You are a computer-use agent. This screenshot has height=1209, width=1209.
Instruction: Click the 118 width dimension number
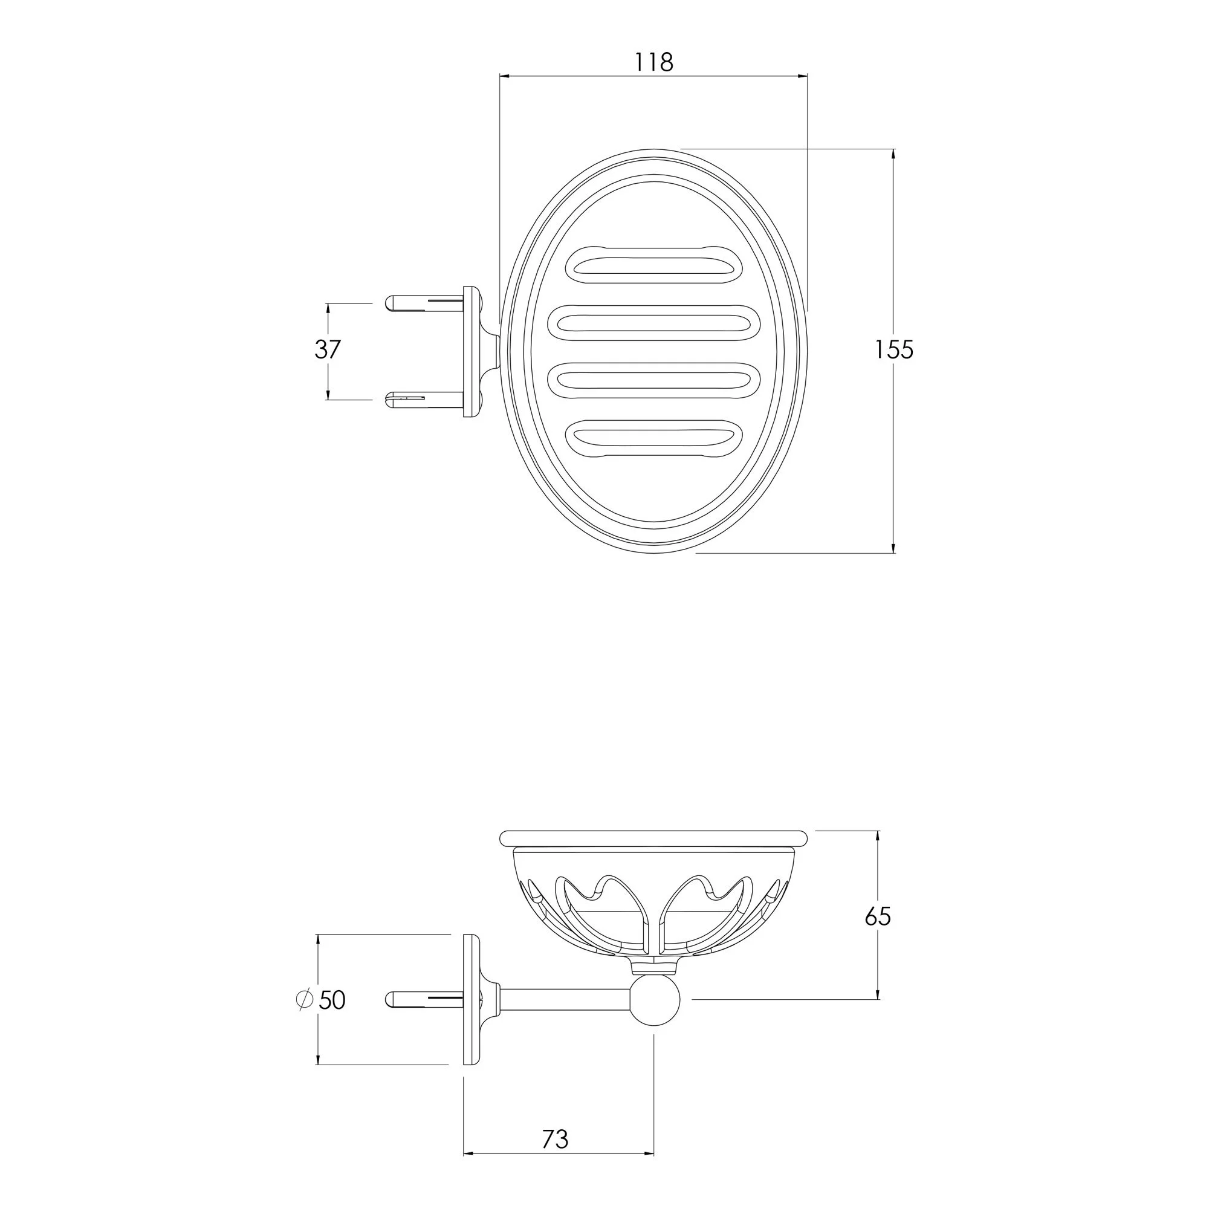point(654,63)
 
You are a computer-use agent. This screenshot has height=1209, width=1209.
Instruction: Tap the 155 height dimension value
point(893,350)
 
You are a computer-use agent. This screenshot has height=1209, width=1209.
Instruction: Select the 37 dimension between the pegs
point(327,349)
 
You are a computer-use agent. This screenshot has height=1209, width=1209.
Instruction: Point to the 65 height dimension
point(877,917)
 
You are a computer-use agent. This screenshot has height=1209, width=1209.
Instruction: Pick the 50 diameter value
point(332,1000)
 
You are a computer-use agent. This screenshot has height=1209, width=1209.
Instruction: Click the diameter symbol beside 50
point(304,1000)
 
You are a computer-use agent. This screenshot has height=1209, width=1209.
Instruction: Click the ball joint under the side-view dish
point(655,1000)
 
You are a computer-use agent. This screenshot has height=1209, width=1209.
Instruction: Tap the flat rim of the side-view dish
point(655,837)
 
